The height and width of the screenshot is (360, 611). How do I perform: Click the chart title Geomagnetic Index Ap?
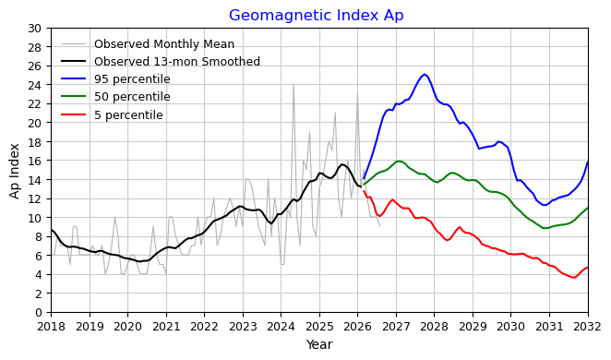pos(316,15)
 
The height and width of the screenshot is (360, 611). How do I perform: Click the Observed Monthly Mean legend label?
pos(164,44)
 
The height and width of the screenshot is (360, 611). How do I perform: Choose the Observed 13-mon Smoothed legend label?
pos(177,62)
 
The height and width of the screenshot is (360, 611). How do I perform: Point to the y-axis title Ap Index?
pos(15,171)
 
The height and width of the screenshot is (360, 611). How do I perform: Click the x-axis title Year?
pos(319,344)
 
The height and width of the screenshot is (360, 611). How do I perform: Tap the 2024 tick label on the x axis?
pos(281,327)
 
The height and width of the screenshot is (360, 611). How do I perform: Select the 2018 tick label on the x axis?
pos(51,327)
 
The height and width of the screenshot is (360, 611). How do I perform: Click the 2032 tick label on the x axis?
pos(588,327)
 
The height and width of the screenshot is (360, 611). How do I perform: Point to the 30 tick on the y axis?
pos(35,28)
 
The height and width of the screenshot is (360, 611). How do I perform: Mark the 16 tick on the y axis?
pos(35,161)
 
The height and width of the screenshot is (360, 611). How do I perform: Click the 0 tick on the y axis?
pos(38,313)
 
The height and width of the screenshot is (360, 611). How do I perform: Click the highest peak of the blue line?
pos(425,74)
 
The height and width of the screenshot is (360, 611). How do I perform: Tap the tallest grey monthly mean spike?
pos(294,85)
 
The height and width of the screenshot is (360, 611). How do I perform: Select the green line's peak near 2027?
pos(398,161)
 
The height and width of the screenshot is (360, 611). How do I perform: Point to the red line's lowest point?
pos(573,278)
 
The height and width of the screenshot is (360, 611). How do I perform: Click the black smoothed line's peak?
pos(342,164)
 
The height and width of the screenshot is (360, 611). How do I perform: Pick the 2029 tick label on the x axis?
pos(473,327)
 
